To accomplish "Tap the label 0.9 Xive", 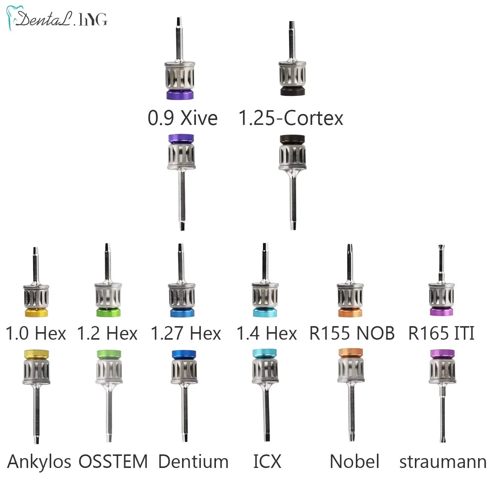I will (182, 118).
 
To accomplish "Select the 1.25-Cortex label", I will (291, 118).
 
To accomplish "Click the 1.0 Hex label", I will (36, 333).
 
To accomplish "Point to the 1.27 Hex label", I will (185, 333).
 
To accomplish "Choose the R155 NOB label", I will (352, 333).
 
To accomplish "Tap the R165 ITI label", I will (441, 333).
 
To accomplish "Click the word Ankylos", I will (39, 462).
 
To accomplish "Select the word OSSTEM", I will (113, 462).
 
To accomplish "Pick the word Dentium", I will (193, 462).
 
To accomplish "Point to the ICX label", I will (267, 462).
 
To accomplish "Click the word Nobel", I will (354, 462).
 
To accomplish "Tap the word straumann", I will (443, 462).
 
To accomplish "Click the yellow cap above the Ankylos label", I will (36, 354).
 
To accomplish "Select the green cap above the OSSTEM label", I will (109, 354).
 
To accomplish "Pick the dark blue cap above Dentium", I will (184, 354).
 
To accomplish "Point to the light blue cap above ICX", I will (265, 354).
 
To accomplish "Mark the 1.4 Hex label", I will (267, 333).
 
